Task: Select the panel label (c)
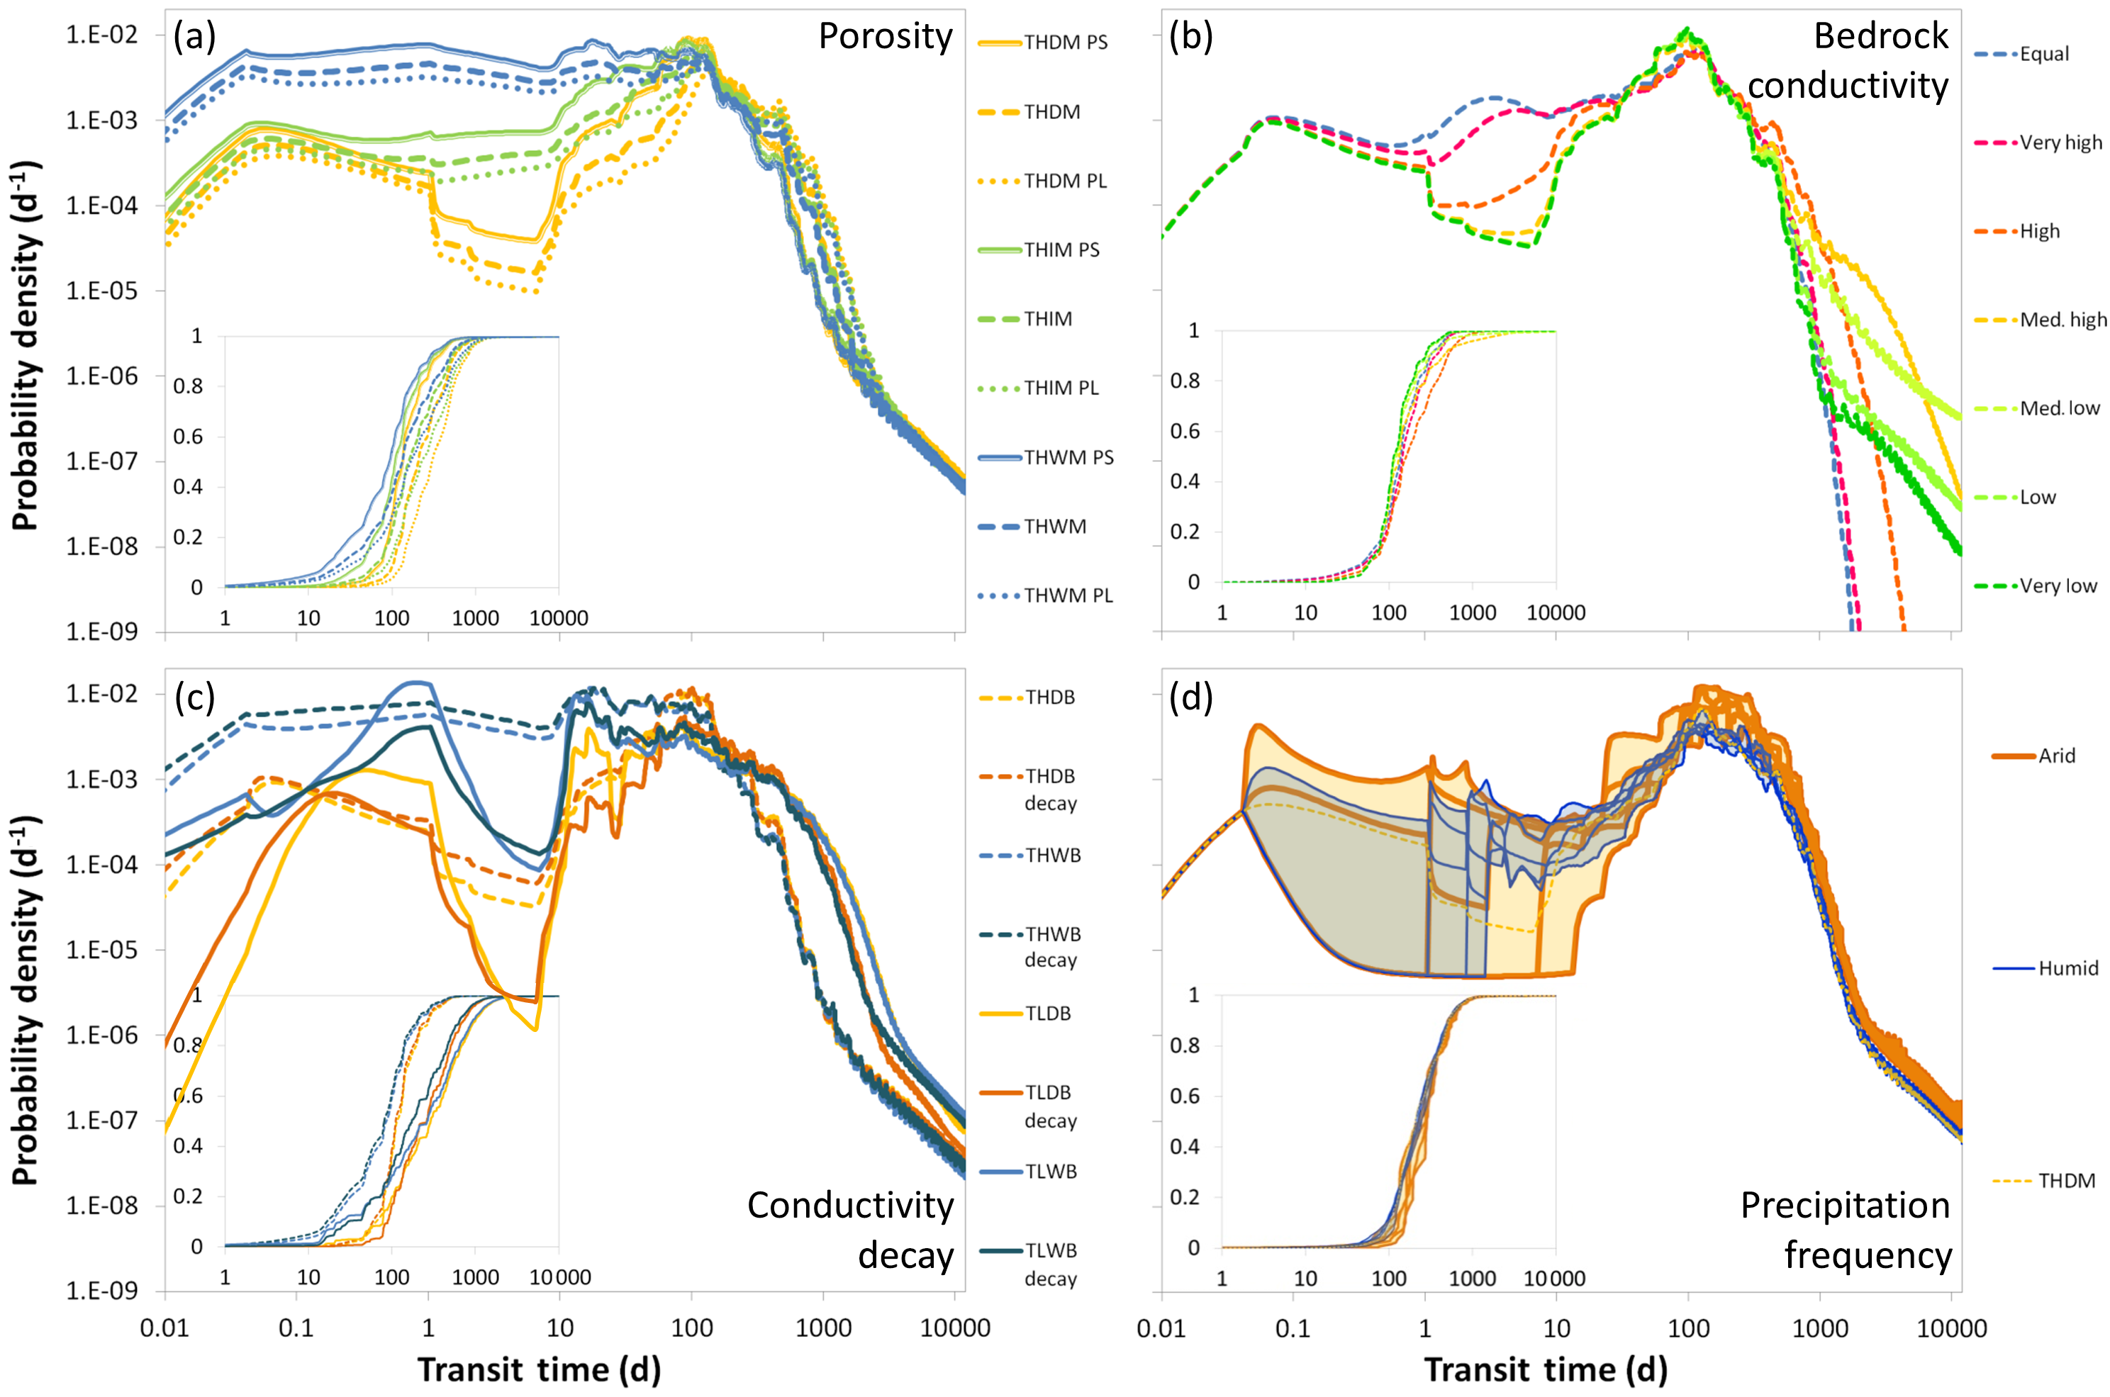(194, 699)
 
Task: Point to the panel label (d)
(1190, 699)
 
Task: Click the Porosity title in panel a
(885, 37)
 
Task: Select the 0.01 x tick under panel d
(1162, 1328)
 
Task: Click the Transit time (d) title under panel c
(539, 1369)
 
